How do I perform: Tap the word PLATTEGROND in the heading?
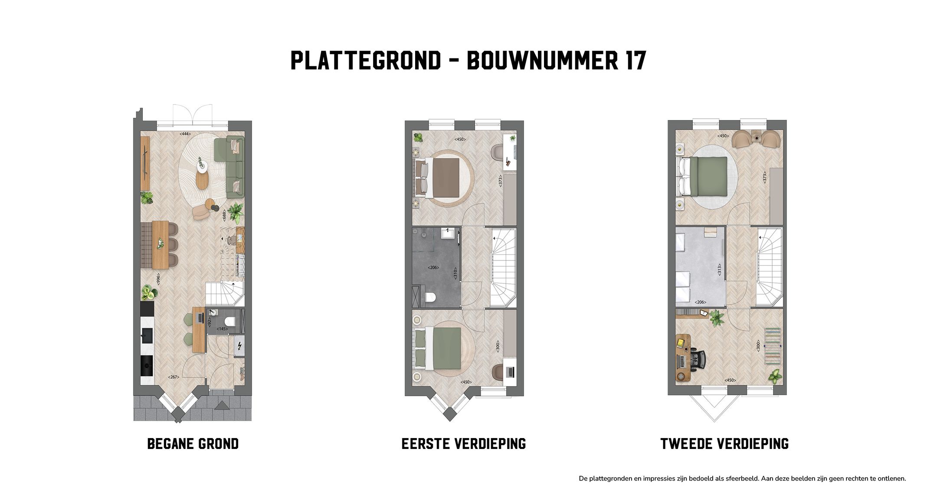pyautogui.click(x=365, y=61)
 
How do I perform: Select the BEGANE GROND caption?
pyautogui.click(x=193, y=444)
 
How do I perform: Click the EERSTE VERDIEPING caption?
pyautogui.click(x=464, y=444)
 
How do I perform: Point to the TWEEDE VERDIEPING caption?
pyautogui.click(x=724, y=444)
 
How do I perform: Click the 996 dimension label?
pyautogui.click(x=158, y=278)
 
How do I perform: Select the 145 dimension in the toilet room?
pyautogui.click(x=223, y=329)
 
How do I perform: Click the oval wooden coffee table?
pyautogui.click(x=202, y=180)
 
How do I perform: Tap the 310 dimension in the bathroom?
pyautogui.click(x=455, y=273)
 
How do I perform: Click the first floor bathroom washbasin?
pyautogui.click(x=447, y=234)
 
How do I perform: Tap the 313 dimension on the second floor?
pyautogui.click(x=719, y=270)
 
